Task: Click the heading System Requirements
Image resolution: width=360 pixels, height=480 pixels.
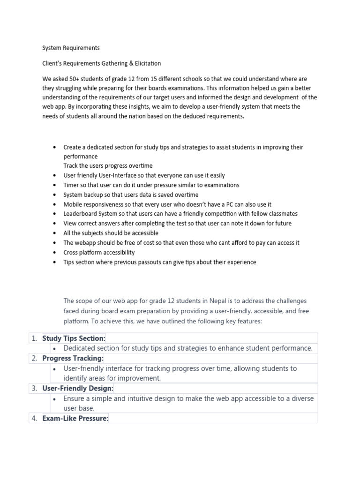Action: click(x=71, y=48)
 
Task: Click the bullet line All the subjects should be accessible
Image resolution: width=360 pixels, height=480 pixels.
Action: click(x=111, y=233)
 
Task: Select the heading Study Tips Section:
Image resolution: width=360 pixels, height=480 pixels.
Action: click(x=74, y=338)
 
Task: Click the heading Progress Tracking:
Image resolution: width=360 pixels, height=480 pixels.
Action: click(x=73, y=358)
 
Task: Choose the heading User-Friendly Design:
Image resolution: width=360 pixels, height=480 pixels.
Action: click(x=78, y=389)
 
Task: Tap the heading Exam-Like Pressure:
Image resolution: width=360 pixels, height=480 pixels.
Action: click(x=75, y=419)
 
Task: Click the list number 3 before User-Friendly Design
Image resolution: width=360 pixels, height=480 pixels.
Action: click(x=34, y=389)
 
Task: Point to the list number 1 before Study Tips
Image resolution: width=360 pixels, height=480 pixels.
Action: click(x=34, y=338)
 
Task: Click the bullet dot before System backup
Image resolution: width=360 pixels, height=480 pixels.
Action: click(x=56, y=195)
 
